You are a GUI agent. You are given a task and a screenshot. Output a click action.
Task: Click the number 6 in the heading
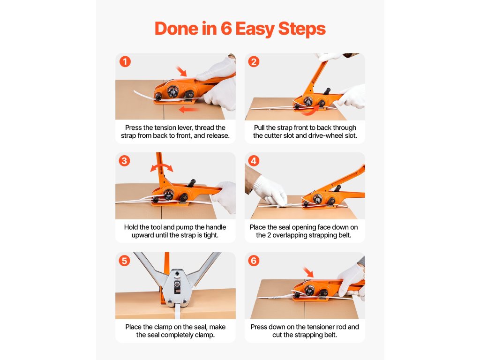226,29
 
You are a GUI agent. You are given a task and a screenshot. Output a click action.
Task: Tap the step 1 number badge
125,61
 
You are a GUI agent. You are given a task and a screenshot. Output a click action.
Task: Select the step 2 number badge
254,61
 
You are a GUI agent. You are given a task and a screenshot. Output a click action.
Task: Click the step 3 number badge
124,161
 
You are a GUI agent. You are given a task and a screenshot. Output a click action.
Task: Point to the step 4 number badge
254,161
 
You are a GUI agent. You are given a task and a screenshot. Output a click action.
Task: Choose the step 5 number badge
124,261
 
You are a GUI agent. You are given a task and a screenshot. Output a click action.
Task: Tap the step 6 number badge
254,261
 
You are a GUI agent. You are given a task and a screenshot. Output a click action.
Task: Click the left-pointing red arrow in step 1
188,109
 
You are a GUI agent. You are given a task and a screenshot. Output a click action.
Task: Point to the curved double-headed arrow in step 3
162,165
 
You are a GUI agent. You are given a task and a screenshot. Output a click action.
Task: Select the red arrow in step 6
308,272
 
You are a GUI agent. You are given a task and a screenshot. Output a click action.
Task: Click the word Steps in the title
302,29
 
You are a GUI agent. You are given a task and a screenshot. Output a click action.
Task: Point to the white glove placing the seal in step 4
270,190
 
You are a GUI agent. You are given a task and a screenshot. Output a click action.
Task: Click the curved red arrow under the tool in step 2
309,112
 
